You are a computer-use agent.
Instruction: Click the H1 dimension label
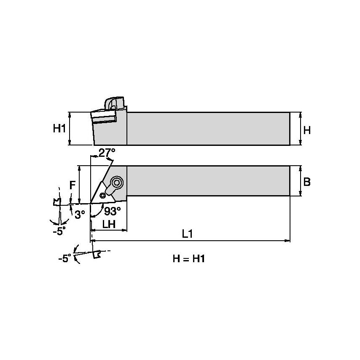pos(59,129)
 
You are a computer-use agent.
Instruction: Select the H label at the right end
pos(307,130)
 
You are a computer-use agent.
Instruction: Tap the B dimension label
pos(307,182)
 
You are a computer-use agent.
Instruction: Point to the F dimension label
pos(72,185)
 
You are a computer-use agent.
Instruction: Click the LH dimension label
pos(109,224)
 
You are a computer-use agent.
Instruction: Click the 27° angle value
pos(107,153)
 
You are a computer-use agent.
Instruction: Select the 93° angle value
pos(113,211)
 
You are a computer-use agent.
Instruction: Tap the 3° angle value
pos(80,214)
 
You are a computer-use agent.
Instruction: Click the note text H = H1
pos(188,259)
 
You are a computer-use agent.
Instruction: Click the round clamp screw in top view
pos(116,183)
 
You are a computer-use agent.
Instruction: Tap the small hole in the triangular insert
pos(102,195)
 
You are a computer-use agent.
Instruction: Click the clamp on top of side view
pos(114,103)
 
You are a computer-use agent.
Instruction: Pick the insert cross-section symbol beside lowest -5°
pos(97,254)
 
